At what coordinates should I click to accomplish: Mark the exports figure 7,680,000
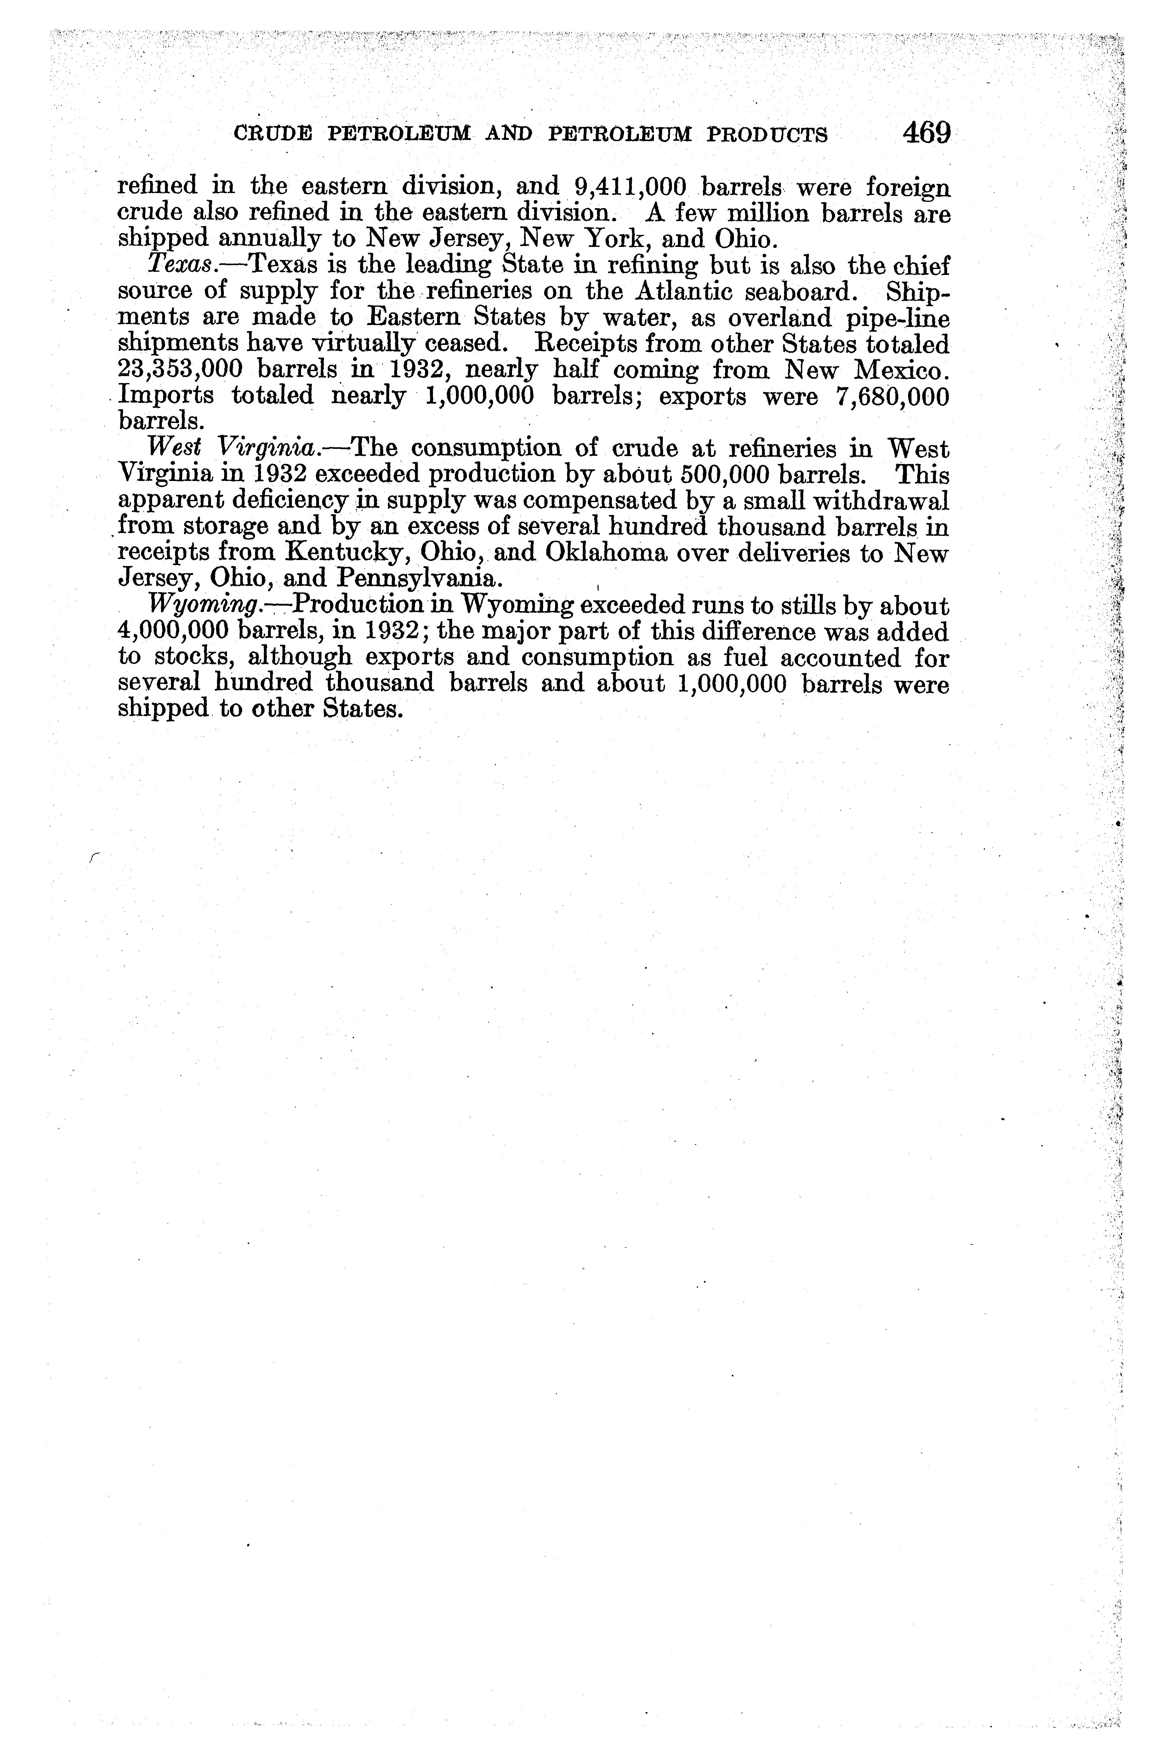pyautogui.click(x=893, y=397)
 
